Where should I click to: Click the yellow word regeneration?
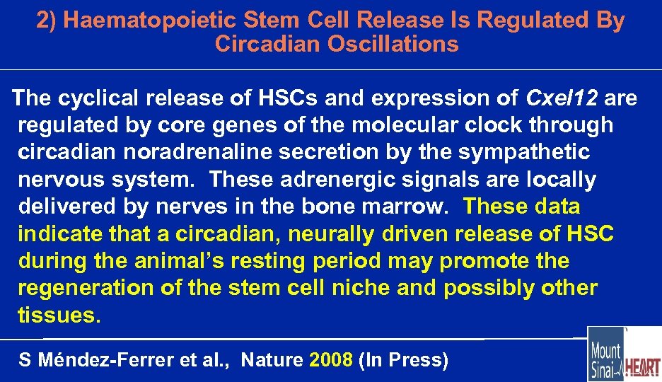coord(85,289)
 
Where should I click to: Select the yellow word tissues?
coord(59,316)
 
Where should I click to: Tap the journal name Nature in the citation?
coord(272,361)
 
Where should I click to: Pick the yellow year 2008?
coord(330,361)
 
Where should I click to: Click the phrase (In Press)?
coord(404,361)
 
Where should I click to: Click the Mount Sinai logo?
coord(605,354)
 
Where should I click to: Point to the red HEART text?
coord(644,368)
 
